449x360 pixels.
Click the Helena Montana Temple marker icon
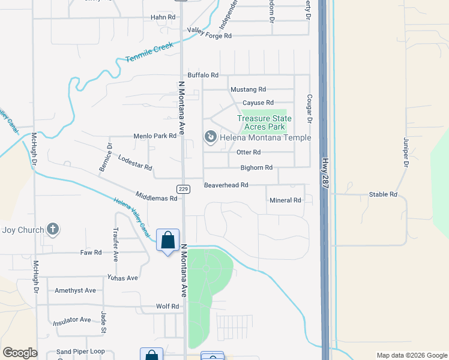[211, 138]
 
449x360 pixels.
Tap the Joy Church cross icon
[53, 229]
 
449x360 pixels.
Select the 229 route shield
[184, 189]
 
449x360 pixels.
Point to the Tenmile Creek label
[149, 52]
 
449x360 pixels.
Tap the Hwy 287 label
[325, 174]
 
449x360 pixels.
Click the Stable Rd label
[383, 194]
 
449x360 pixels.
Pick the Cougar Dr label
[310, 109]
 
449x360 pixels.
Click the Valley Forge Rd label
[209, 36]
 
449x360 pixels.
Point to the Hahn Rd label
[163, 17]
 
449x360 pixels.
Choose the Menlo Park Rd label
[155, 136]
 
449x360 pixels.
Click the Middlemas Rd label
[157, 198]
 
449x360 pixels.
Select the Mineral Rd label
[285, 200]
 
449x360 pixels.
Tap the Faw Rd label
[91, 253]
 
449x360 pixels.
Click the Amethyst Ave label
[75, 290]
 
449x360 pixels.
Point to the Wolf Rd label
[167, 306]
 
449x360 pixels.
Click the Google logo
[20, 353]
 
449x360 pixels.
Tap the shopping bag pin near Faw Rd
[167, 240]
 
